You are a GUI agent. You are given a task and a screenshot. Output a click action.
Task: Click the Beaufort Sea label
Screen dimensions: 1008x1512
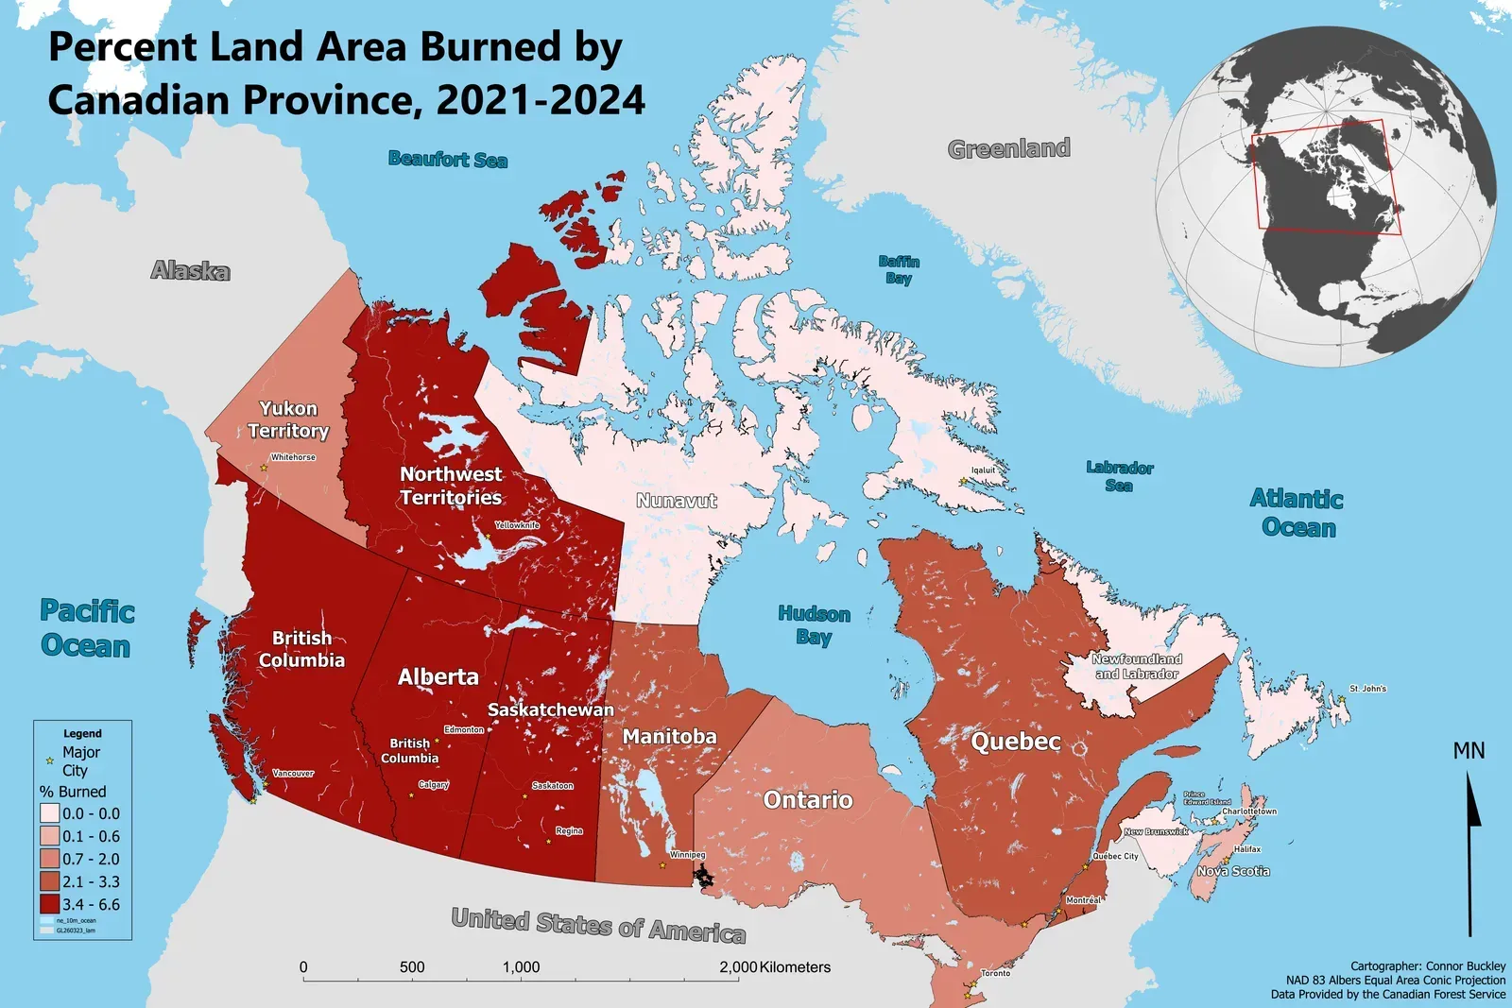pyautogui.click(x=447, y=160)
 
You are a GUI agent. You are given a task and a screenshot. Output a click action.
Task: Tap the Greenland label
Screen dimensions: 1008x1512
pyautogui.click(x=1008, y=148)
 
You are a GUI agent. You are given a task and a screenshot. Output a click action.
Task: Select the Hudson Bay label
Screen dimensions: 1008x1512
pyautogui.click(x=814, y=624)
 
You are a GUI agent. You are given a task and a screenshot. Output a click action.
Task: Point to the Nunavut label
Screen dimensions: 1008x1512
pyautogui.click(x=676, y=501)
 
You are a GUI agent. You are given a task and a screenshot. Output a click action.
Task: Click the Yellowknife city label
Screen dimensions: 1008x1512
pyautogui.click(x=517, y=525)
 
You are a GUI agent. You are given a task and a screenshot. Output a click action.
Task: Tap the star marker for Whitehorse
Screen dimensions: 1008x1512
pyautogui.click(x=264, y=468)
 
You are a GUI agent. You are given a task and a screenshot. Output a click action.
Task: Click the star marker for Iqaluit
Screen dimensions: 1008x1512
pyautogui.click(x=963, y=482)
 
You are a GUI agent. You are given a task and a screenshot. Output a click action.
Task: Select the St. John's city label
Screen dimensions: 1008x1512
pyautogui.click(x=1367, y=689)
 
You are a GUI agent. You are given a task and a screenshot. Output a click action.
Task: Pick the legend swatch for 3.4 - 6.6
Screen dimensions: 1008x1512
pyautogui.click(x=49, y=904)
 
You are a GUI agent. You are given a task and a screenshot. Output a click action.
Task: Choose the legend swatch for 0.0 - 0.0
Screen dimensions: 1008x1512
pyautogui.click(x=49, y=813)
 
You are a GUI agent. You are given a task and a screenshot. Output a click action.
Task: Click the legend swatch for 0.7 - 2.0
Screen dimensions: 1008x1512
pyautogui.click(x=49, y=859)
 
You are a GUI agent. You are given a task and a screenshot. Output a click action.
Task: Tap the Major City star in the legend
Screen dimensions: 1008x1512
pyautogui.click(x=49, y=760)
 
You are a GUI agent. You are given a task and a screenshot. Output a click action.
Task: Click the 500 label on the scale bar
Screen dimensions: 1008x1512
pyautogui.click(x=412, y=967)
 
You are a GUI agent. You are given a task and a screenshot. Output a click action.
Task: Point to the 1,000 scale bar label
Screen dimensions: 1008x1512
pyautogui.click(x=521, y=967)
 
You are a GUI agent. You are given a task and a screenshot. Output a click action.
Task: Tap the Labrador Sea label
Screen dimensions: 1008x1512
pyautogui.click(x=1119, y=476)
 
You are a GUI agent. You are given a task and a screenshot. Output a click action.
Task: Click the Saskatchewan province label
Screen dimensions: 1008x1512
pyautogui.click(x=550, y=709)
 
